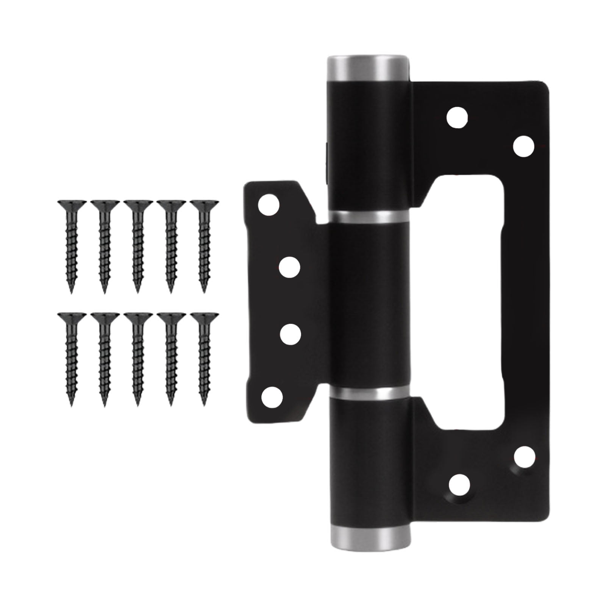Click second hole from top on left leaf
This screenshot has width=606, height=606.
pyautogui.click(x=290, y=267)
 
